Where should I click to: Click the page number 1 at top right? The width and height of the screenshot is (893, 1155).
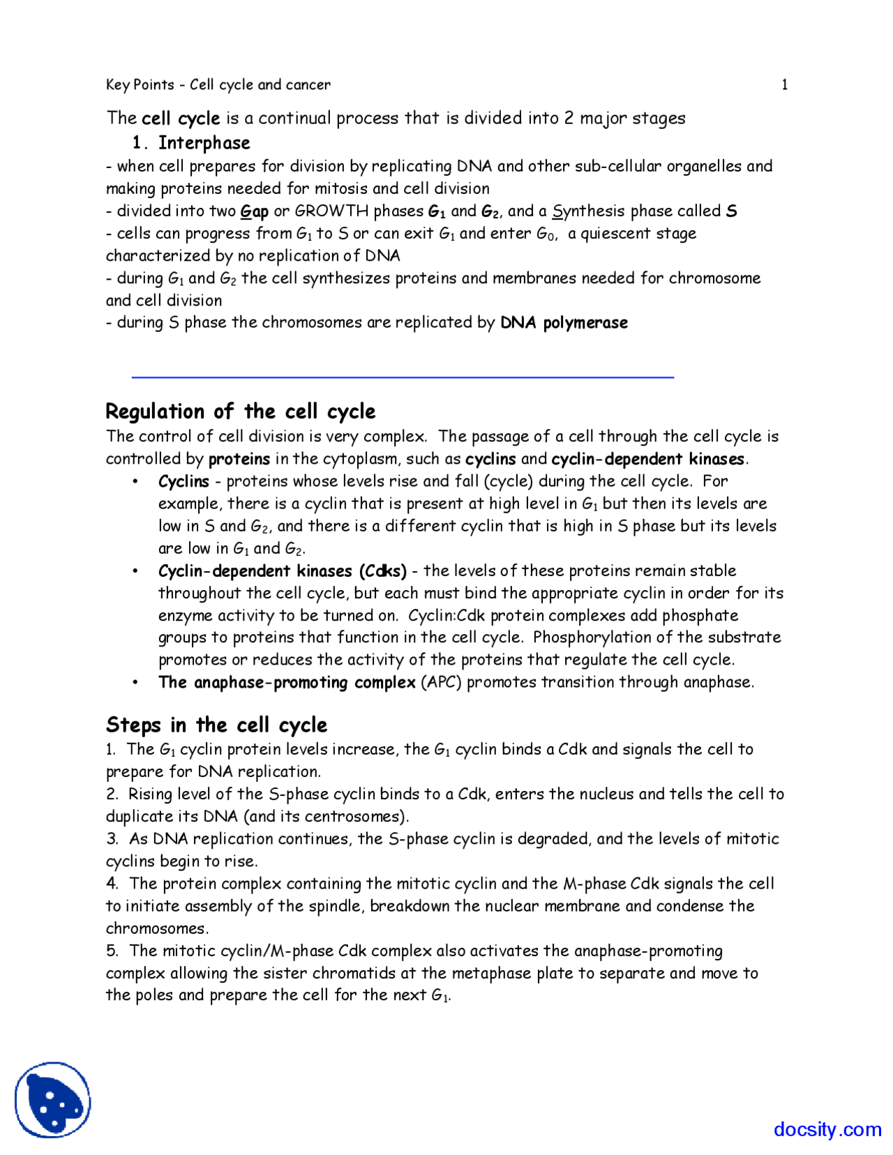784,85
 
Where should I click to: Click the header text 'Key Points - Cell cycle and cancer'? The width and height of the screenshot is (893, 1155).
218,85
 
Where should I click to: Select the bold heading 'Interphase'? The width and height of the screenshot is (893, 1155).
204,143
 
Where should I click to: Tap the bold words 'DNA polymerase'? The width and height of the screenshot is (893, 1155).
564,323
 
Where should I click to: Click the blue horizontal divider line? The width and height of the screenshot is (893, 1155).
403,377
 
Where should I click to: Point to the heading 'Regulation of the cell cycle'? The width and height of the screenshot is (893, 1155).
240,412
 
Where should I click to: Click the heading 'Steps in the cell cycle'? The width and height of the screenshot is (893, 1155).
216,725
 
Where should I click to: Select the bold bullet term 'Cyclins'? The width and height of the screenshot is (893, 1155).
183,481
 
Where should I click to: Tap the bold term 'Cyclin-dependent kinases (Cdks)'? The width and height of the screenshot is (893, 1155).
282,571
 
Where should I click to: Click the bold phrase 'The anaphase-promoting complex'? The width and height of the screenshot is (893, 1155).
287,682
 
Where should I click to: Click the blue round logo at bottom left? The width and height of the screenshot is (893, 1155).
53,1100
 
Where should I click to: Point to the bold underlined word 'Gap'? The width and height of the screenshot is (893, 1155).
254,211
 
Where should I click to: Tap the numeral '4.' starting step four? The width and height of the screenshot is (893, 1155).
112,884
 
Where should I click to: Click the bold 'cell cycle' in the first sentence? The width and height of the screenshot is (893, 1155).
181,119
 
